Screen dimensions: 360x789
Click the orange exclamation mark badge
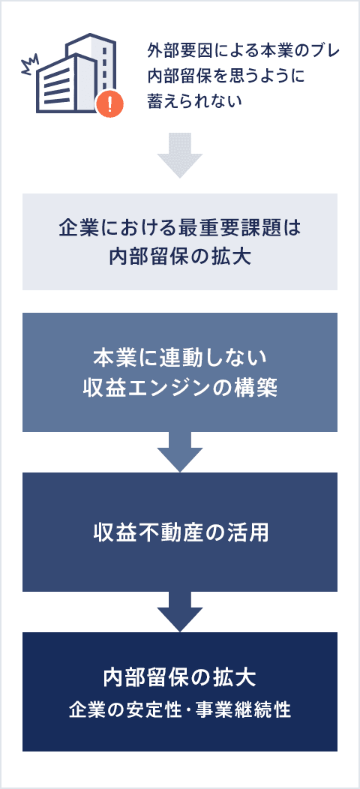[109, 104]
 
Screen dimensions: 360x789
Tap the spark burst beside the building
[28, 64]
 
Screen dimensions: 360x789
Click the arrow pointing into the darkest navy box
[180, 610]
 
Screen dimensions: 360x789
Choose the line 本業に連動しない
[180, 358]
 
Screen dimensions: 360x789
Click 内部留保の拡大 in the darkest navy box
[180, 677]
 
